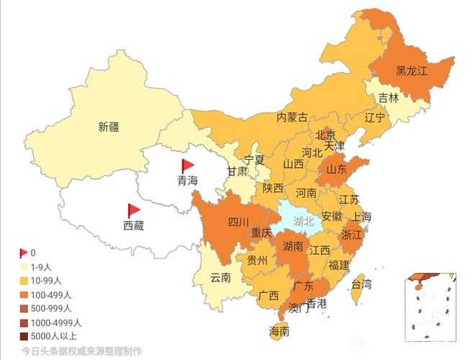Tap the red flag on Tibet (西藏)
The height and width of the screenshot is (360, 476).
click(133, 210)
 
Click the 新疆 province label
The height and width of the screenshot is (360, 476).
click(109, 127)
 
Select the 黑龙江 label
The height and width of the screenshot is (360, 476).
click(412, 71)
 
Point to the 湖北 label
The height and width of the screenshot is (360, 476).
click(303, 221)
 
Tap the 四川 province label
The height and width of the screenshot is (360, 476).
click(238, 222)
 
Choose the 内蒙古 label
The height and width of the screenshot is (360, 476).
click(292, 117)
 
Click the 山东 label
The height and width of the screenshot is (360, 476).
click(336, 170)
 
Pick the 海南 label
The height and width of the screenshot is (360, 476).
click(279, 332)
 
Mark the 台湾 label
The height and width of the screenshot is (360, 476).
click(362, 284)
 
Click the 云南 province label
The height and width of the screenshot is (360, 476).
click(220, 277)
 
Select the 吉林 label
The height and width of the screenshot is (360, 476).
click(388, 98)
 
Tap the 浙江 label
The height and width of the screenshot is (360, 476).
click(351, 235)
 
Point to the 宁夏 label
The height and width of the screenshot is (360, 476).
click(254, 159)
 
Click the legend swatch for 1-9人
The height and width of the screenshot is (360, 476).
click(24, 266)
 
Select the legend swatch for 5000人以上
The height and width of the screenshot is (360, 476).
click(24, 336)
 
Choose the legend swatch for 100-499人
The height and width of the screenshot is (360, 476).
click(24, 294)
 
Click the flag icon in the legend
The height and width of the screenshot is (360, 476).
click(24, 253)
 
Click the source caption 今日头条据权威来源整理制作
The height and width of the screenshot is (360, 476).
click(81, 351)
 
